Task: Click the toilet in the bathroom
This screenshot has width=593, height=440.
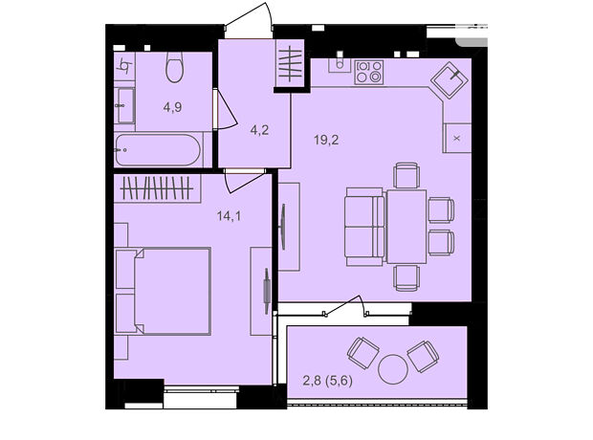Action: click(x=174, y=67)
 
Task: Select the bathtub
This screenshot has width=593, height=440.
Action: click(x=158, y=150)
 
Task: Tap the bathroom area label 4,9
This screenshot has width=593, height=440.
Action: click(x=172, y=107)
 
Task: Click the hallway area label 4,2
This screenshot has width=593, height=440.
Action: click(x=259, y=130)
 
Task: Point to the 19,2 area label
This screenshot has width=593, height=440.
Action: click(x=326, y=140)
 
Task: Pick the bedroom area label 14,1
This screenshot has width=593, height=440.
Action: click(x=229, y=216)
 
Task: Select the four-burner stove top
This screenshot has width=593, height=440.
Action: click(x=369, y=72)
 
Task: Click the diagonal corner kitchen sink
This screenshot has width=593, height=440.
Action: click(x=450, y=80)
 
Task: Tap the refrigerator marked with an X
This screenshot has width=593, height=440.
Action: click(x=457, y=138)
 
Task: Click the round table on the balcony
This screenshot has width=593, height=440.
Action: click(x=393, y=369)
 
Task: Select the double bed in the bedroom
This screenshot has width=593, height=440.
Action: click(x=163, y=292)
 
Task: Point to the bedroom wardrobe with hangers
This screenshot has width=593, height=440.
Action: click(x=157, y=188)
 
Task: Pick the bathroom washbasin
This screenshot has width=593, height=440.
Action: click(x=125, y=106)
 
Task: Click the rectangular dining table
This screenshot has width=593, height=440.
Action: click(x=406, y=227)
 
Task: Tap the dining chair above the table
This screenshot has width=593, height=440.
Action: click(x=406, y=175)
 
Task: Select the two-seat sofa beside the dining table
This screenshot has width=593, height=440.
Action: click(x=365, y=227)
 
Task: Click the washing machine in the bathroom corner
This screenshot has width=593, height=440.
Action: click(x=124, y=67)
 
